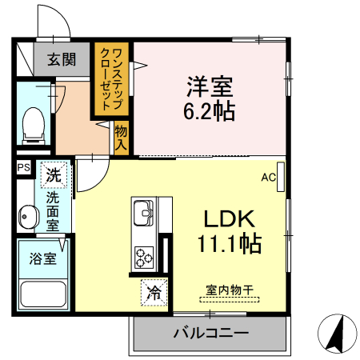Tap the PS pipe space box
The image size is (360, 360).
[x=23, y=168]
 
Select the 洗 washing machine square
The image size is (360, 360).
[x=54, y=173]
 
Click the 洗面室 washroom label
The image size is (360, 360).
[x=53, y=210]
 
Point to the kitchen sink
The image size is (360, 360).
[x=145, y=213]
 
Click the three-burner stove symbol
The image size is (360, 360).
[x=145, y=258]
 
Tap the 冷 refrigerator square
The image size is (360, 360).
[x=154, y=293]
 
